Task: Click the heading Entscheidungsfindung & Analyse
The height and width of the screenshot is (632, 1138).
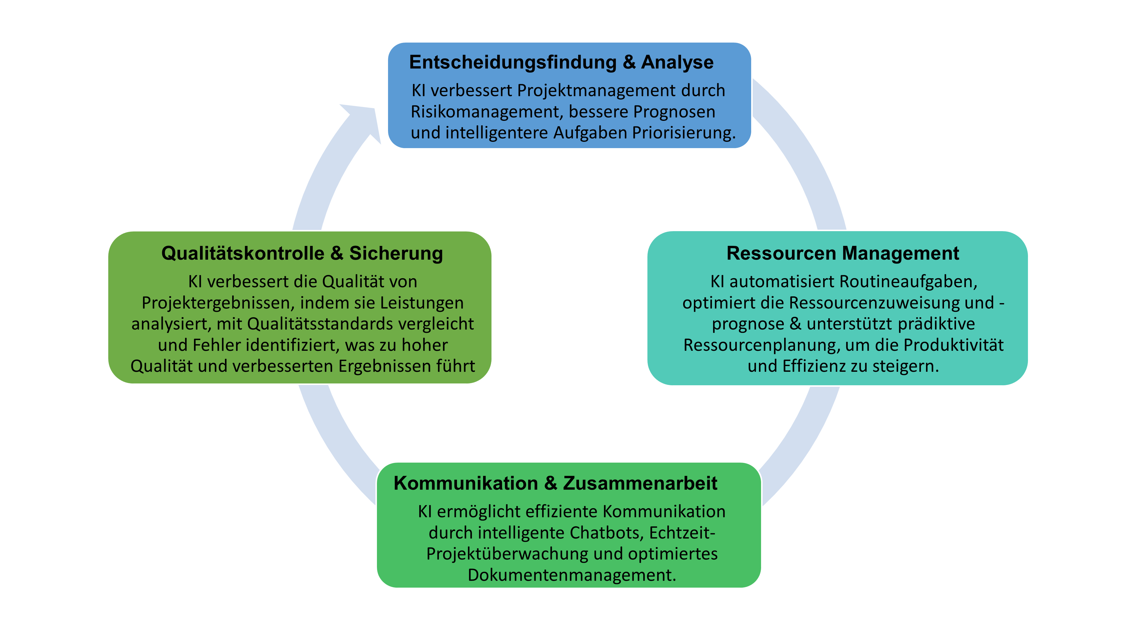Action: pyautogui.click(x=561, y=62)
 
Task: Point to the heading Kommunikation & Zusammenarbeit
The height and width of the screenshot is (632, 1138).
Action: pyautogui.click(x=555, y=483)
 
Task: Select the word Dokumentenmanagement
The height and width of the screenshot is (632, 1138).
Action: pyautogui.click(x=572, y=575)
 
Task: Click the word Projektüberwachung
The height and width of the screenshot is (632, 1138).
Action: pyautogui.click(x=507, y=554)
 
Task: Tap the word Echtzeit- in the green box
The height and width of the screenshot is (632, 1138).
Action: pyautogui.click(x=682, y=533)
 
